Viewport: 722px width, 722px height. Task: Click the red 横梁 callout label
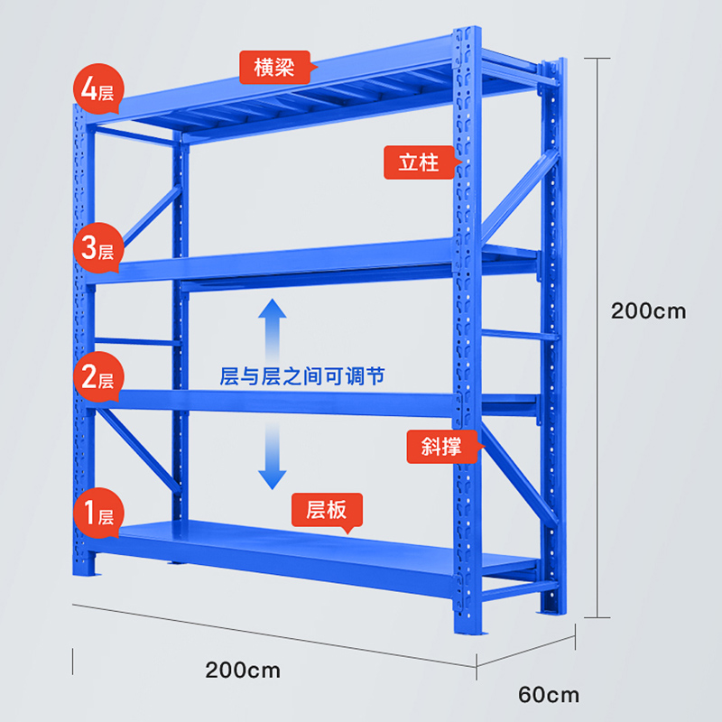[273, 66]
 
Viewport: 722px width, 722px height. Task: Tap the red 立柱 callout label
[419, 162]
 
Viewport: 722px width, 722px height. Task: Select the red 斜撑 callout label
[440, 445]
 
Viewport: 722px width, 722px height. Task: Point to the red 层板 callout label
[326, 511]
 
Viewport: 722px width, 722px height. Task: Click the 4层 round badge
[96, 91]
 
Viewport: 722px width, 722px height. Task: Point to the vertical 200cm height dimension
[648, 311]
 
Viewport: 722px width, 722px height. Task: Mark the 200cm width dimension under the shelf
[243, 671]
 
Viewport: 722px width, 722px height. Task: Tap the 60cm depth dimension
[549, 695]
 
